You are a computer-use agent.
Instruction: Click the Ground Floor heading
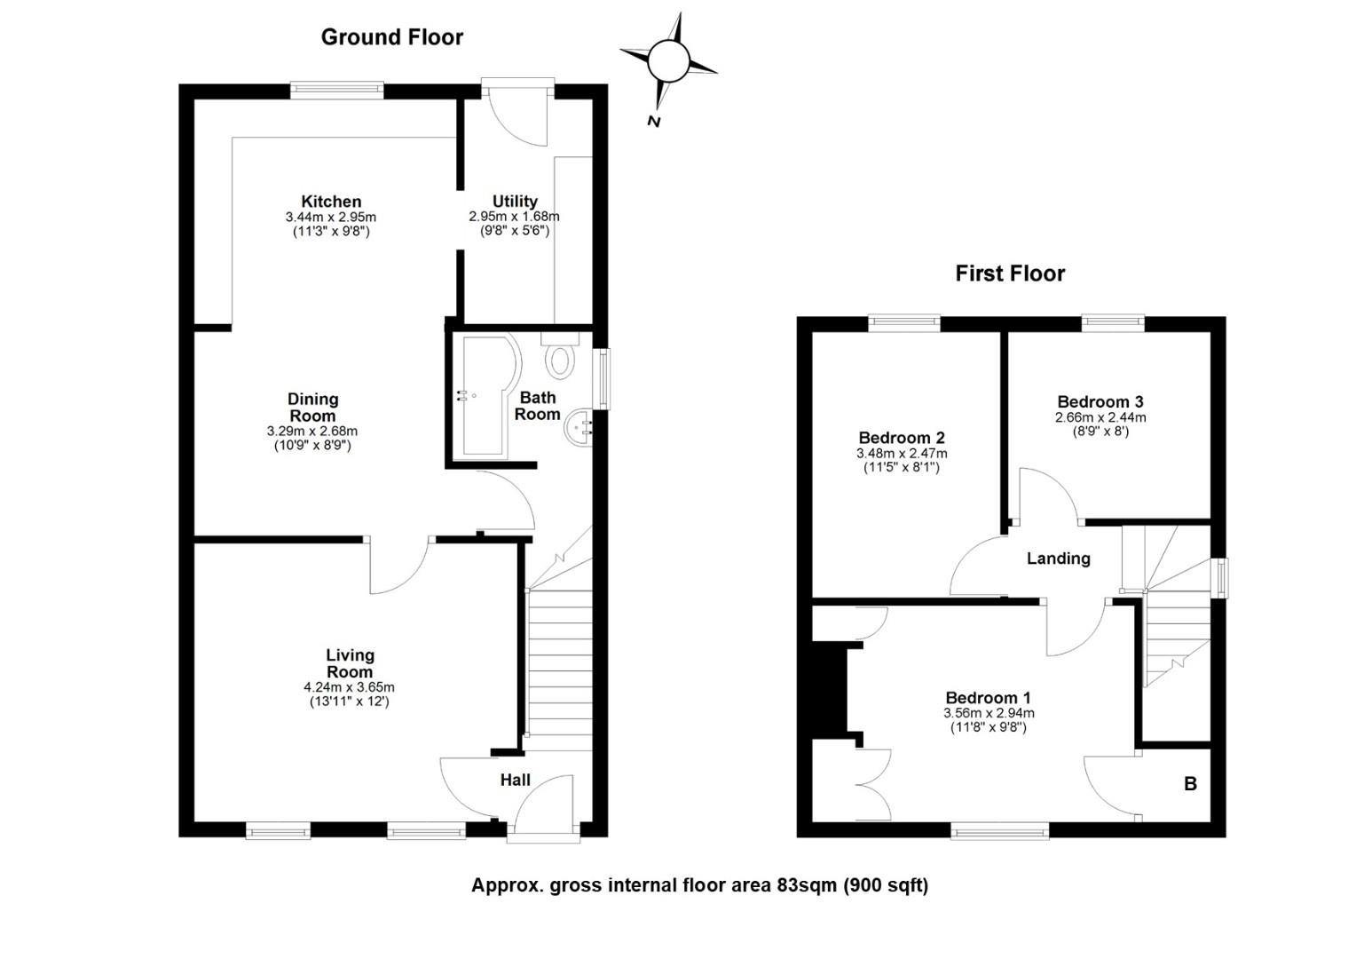pyautogui.click(x=391, y=37)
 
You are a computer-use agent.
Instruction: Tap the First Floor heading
pyautogui.click(x=1010, y=273)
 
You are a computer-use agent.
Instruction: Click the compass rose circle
pyautogui.click(x=668, y=60)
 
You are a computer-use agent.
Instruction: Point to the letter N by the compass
pyautogui.click(x=654, y=122)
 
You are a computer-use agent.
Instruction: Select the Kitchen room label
pyautogui.click(x=331, y=202)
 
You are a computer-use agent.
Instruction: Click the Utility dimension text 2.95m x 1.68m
pyautogui.click(x=514, y=217)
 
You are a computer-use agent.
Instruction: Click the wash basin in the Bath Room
pyautogui.click(x=578, y=429)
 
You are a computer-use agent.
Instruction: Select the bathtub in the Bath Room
pyautogui.click(x=488, y=396)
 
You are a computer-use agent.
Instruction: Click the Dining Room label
pyautogui.click(x=312, y=408)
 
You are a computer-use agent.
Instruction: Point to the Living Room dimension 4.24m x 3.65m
pyautogui.click(x=349, y=687)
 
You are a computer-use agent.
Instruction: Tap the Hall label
pyautogui.click(x=516, y=781)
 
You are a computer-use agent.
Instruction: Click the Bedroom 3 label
pyautogui.click(x=1100, y=401)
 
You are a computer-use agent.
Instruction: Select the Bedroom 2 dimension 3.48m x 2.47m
pyautogui.click(x=902, y=453)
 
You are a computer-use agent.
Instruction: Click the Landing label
pyautogui.click(x=1058, y=559)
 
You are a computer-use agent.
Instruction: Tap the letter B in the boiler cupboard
pyautogui.click(x=1190, y=784)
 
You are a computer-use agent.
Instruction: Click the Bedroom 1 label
pyautogui.click(x=988, y=698)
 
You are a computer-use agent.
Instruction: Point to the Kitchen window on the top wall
pyautogui.click(x=336, y=91)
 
